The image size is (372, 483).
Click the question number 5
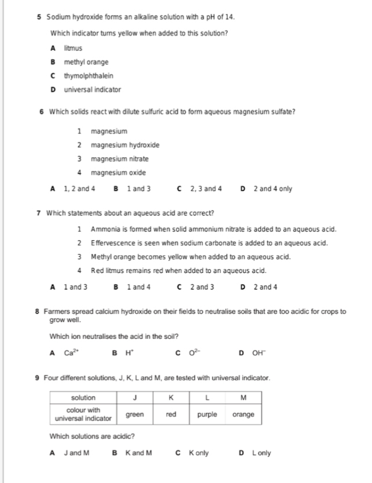[39, 19]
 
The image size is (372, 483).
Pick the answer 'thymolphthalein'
[89, 76]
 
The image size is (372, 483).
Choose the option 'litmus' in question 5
[73, 48]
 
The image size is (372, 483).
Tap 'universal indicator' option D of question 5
[92, 90]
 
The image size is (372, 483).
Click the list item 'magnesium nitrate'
[119, 158]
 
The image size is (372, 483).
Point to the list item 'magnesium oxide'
[118, 172]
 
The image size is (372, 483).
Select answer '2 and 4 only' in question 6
[272, 189]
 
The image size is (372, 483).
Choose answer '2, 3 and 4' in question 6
[207, 189]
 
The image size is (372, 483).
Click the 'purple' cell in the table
[207, 414]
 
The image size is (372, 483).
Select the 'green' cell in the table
[135, 414]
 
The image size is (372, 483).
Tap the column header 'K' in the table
[171, 397]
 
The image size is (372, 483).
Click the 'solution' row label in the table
[83, 397]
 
